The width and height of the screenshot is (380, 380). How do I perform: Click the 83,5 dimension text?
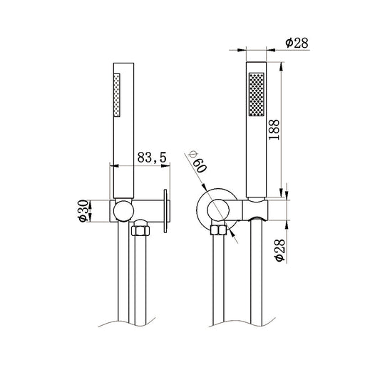pos(152,158)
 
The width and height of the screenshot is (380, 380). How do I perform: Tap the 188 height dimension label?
pos(274,130)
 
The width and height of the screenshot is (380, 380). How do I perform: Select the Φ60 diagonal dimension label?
pos(197,162)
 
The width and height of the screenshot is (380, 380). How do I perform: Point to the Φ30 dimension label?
pos(83,210)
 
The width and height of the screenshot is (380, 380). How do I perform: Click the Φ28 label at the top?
pos(297,43)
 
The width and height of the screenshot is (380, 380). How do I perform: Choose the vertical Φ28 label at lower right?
pos(280,250)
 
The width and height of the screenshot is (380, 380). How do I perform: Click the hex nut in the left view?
pos(140,230)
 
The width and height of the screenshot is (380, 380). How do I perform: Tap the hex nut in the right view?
pos(219,230)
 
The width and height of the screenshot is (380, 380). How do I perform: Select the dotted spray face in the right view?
pos(257,94)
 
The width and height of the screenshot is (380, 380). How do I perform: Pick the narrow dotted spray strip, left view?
pos(117,96)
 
